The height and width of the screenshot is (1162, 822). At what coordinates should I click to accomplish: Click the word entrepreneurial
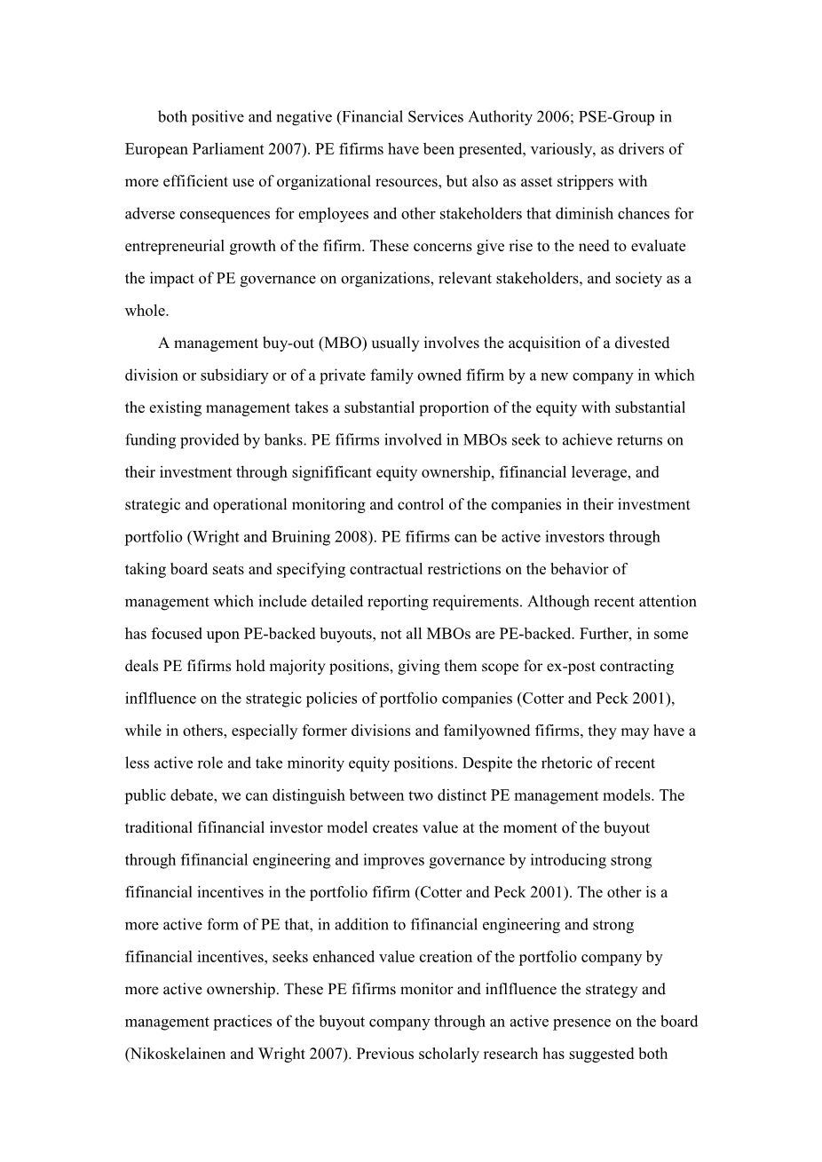click(x=176, y=246)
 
